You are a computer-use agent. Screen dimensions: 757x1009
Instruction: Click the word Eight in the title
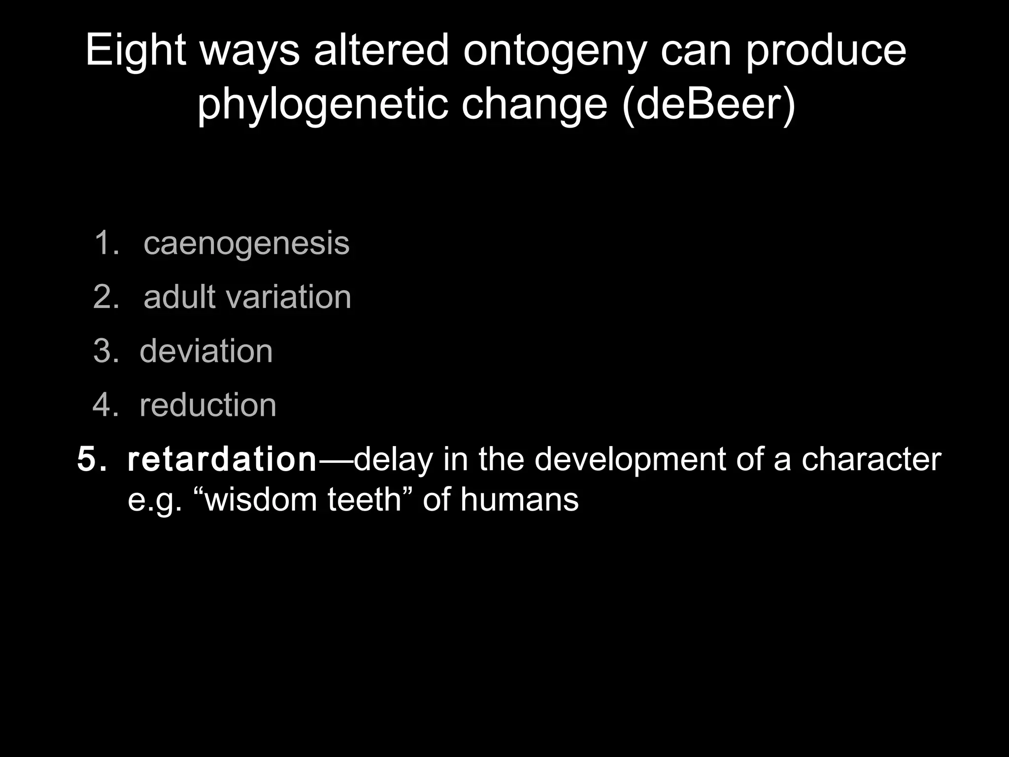(135, 51)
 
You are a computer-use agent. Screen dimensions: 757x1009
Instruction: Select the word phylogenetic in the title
(322, 105)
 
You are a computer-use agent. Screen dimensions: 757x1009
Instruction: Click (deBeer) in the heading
(708, 104)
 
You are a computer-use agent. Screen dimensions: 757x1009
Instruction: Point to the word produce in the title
(825, 52)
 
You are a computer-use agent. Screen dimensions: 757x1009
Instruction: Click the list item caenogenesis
(246, 243)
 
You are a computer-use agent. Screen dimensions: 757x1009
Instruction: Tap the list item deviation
(206, 351)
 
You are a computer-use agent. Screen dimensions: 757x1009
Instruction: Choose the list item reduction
(207, 405)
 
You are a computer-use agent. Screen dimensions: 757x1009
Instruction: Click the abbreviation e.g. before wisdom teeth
(155, 501)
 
